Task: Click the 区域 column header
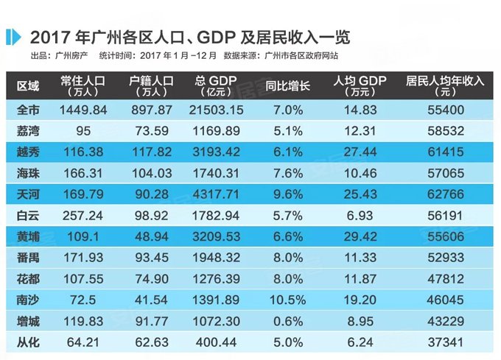[x=28, y=85]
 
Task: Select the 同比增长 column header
[x=289, y=85]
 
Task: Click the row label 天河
[x=27, y=195]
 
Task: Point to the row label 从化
[x=27, y=342]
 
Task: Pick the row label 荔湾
[x=27, y=132]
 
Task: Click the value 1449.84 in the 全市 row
[x=83, y=110]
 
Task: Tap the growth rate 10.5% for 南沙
[x=289, y=300]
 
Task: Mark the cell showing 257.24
[x=83, y=216]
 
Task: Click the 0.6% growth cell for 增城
[x=289, y=322]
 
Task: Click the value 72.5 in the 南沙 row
[x=83, y=300]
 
